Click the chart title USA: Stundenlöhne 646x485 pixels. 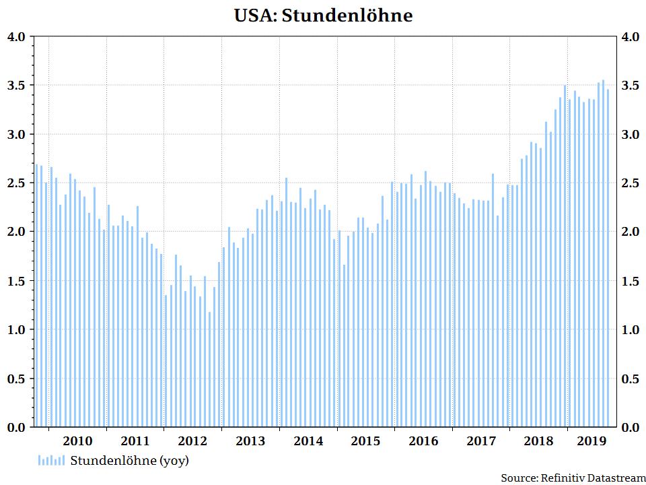pos(323,15)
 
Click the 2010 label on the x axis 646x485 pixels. pos(77,441)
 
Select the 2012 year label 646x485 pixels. pos(192,441)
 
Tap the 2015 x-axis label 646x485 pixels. pos(365,441)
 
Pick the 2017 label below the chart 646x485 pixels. pos(481,441)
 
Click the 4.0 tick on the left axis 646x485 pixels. pos(15,36)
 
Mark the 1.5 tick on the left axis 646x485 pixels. pos(15,281)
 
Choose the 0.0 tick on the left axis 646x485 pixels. pos(15,427)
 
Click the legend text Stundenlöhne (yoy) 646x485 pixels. pos(129,461)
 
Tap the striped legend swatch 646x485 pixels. pos(51,461)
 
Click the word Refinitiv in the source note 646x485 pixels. pos(562,478)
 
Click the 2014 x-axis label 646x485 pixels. pos(308,441)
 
